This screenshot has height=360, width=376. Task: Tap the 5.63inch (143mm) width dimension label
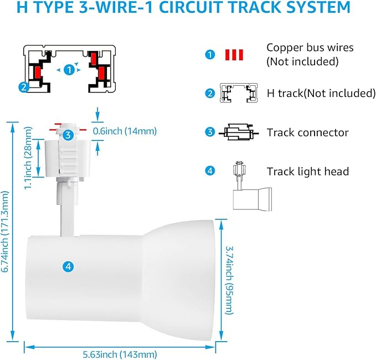120,354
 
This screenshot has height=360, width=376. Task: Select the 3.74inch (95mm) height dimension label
229,280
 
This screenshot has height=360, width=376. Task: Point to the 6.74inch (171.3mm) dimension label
5,232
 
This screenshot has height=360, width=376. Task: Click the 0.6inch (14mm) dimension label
125,131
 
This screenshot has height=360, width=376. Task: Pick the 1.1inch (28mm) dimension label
28,158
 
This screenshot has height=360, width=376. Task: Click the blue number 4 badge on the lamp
68,266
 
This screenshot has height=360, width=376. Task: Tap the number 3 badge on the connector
68,135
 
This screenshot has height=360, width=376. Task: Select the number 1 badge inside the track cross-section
69,70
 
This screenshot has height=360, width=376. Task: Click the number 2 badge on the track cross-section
24,87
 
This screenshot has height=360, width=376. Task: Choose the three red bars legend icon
234,55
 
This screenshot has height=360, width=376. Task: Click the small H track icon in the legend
239,93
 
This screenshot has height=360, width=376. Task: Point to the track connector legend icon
239,132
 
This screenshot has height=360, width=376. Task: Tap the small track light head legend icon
253,186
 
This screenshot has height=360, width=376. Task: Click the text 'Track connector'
308,132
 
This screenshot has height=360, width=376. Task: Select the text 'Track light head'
308,172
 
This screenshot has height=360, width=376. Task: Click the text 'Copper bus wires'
310,48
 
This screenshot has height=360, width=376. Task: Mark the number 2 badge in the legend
210,93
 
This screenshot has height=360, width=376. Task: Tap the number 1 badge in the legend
210,55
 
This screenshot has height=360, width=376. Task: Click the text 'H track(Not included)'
321,93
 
